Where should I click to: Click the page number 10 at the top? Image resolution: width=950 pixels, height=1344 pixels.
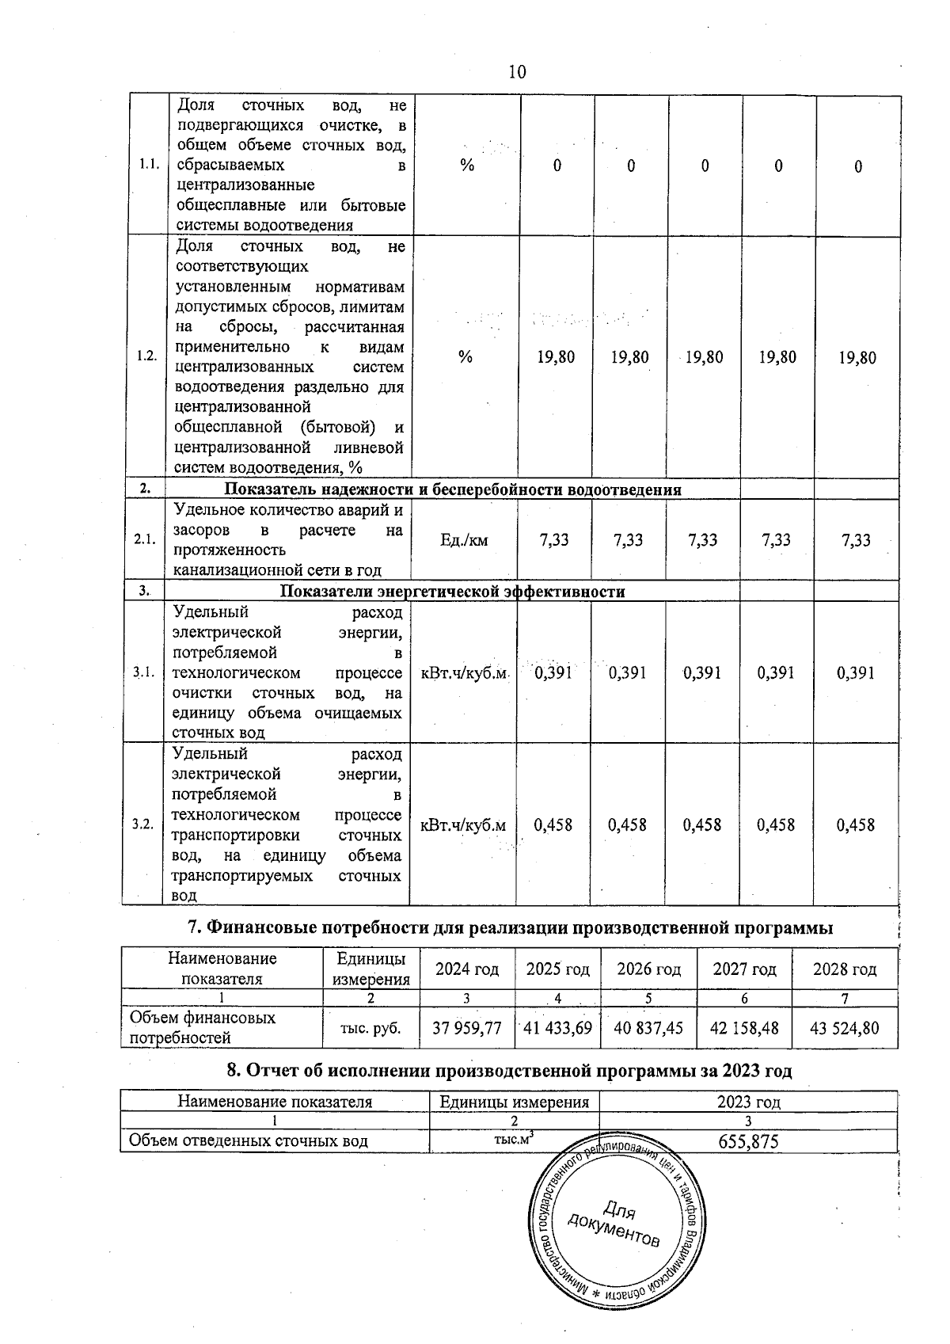[x=516, y=72]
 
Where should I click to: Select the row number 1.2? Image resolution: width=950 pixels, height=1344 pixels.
[x=146, y=356]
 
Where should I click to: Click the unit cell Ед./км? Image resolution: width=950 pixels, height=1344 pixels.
[x=464, y=540]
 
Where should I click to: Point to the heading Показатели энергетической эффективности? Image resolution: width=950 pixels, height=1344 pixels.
[x=453, y=592]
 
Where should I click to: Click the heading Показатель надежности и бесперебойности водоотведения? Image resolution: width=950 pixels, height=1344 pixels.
[x=453, y=489]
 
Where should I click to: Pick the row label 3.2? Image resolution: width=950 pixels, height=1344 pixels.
[x=142, y=824]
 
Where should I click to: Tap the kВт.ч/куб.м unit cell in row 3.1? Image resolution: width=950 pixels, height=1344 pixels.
[x=464, y=673]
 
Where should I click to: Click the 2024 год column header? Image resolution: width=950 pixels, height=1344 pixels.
[x=467, y=969]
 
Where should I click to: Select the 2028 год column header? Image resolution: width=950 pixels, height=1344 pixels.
[x=845, y=969]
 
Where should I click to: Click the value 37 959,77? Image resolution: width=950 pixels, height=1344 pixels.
[x=467, y=1028]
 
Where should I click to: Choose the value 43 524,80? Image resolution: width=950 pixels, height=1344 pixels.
[x=845, y=1028]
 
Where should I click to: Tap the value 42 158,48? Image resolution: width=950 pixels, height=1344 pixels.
[x=744, y=1028]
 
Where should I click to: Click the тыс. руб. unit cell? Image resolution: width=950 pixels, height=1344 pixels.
[x=370, y=1028]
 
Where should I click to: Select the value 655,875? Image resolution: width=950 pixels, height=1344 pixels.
[x=748, y=1141]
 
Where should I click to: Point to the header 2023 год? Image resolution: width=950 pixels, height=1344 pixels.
[x=748, y=1102]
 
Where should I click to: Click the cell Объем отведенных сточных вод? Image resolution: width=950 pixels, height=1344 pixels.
[x=249, y=1141]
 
